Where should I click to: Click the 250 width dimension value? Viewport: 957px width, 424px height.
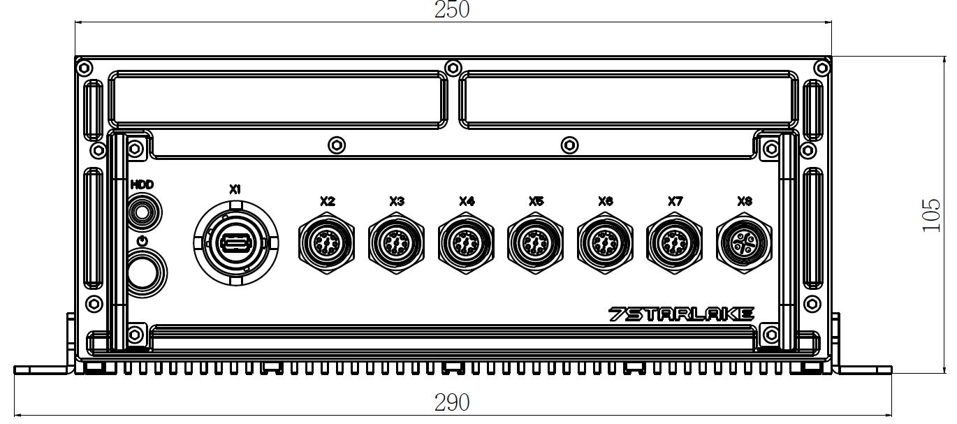[452, 10]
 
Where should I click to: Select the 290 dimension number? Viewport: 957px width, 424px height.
[452, 403]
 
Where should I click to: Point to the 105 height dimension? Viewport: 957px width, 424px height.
[931, 215]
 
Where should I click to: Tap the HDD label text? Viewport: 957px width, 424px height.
[142, 184]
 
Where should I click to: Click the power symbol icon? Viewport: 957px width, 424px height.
[143, 240]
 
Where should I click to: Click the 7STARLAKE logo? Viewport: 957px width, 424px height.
[681, 314]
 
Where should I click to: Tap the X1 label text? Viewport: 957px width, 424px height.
[235, 189]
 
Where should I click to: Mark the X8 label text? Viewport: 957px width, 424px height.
[745, 201]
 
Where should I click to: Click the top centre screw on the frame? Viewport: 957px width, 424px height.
[453, 68]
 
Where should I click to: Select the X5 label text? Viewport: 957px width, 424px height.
[536, 201]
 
